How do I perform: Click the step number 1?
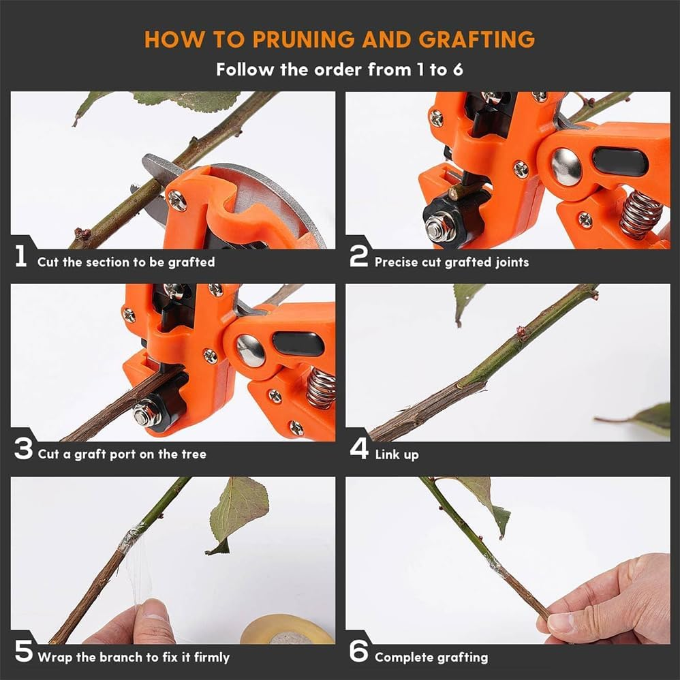[x=21, y=257]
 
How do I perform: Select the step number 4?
[x=358, y=449]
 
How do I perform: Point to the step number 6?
[x=358, y=652]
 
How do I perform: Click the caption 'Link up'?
[x=397, y=454]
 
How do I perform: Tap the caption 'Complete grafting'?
[x=431, y=658]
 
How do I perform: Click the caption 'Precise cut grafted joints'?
[x=452, y=262]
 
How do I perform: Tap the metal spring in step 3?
[x=321, y=389]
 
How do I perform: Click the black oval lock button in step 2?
[x=619, y=162]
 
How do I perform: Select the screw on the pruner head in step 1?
[x=176, y=200]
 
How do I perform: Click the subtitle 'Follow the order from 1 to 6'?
[x=340, y=69]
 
